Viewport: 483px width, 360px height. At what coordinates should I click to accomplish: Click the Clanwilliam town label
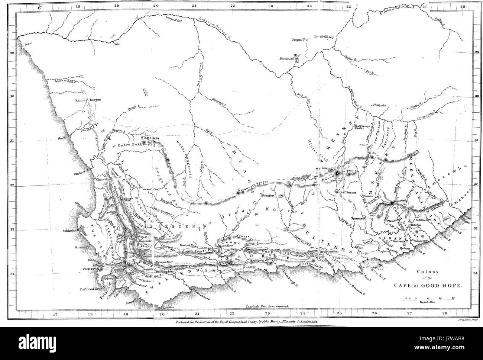104,179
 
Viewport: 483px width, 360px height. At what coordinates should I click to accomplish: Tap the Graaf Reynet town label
346,193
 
